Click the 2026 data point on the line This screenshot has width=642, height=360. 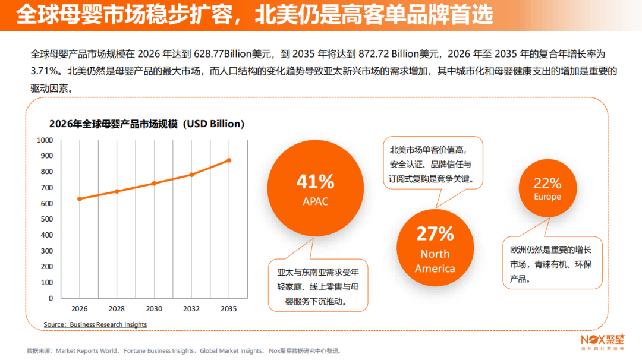[x=80, y=199]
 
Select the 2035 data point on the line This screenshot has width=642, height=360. [x=229, y=160]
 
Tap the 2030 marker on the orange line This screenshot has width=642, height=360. [x=155, y=184]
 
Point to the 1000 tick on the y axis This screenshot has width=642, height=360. [x=45, y=140]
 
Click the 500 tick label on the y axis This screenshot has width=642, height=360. [x=47, y=219]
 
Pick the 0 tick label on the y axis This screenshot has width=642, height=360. [x=51, y=299]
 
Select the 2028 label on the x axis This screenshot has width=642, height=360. [x=117, y=309]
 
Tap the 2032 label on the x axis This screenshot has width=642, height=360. [x=191, y=309]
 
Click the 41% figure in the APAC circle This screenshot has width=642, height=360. [x=315, y=182]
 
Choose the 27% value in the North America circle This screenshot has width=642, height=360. [x=435, y=234]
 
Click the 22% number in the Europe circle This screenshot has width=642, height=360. [x=547, y=184]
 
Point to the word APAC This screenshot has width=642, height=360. [x=315, y=201]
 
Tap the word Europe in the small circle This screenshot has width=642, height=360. [x=547, y=197]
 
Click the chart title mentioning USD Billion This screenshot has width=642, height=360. [x=147, y=124]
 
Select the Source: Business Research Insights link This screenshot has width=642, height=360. [x=95, y=324]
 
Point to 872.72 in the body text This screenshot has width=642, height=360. [x=373, y=54]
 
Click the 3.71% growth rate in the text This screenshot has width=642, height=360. [x=44, y=71]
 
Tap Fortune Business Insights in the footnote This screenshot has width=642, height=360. [x=159, y=351]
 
